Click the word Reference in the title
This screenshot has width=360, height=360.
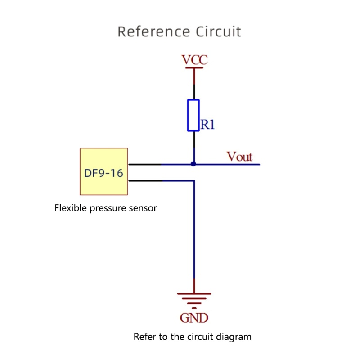pyautogui.click(x=153, y=32)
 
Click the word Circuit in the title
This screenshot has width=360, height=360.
pyautogui.click(x=218, y=32)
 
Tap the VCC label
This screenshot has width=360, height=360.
pyautogui.click(x=194, y=60)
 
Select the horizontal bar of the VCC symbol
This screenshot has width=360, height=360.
pyautogui.click(x=194, y=68)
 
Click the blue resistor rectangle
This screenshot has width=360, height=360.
pyautogui.click(x=193, y=116)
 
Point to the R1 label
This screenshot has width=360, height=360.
pyautogui.click(x=207, y=125)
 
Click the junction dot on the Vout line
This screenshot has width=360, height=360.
pyautogui.click(x=193, y=164)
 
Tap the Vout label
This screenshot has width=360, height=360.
pyautogui.click(x=239, y=157)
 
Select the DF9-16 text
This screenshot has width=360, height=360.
pyautogui.click(x=103, y=173)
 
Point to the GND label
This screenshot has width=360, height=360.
pyautogui.click(x=194, y=318)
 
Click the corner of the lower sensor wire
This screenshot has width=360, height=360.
pyautogui.click(x=194, y=181)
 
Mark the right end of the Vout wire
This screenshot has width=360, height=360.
pyautogui.click(x=259, y=164)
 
